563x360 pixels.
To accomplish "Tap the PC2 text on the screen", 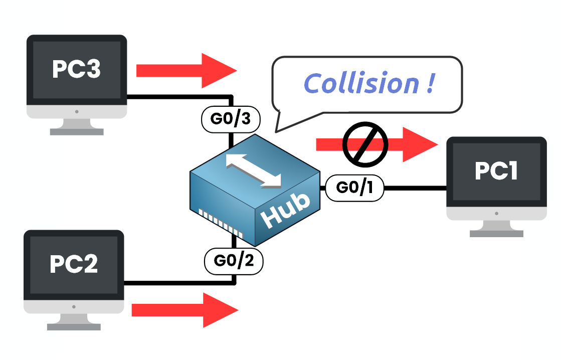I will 73,264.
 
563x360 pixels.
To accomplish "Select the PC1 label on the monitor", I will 496,171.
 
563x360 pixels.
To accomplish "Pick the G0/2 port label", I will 234,261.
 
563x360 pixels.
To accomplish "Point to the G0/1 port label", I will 354,188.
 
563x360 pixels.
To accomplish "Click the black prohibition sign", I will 365,144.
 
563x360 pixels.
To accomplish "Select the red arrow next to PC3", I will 185,70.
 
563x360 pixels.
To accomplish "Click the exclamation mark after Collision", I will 430,83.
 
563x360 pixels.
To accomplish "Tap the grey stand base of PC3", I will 77,131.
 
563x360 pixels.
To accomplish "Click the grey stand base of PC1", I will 496,233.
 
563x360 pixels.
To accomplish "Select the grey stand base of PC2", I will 74,326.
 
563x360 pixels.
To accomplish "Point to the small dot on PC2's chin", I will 74,306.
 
